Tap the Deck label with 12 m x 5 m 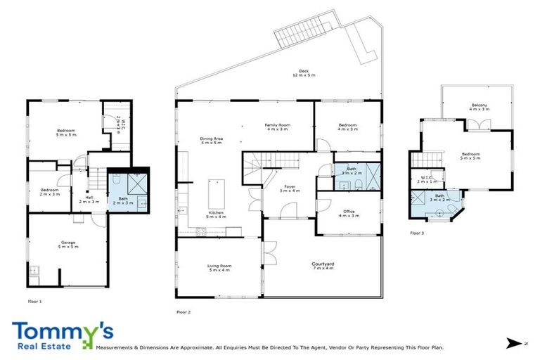pyautogui.click(x=303, y=73)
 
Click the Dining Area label pyautogui.click(x=211, y=141)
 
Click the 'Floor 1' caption pyautogui.click(x=35, y=302)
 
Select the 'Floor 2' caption pyautogui.click(x=184, y=311)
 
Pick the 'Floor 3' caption pyautogui.click(x=418, y=233)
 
